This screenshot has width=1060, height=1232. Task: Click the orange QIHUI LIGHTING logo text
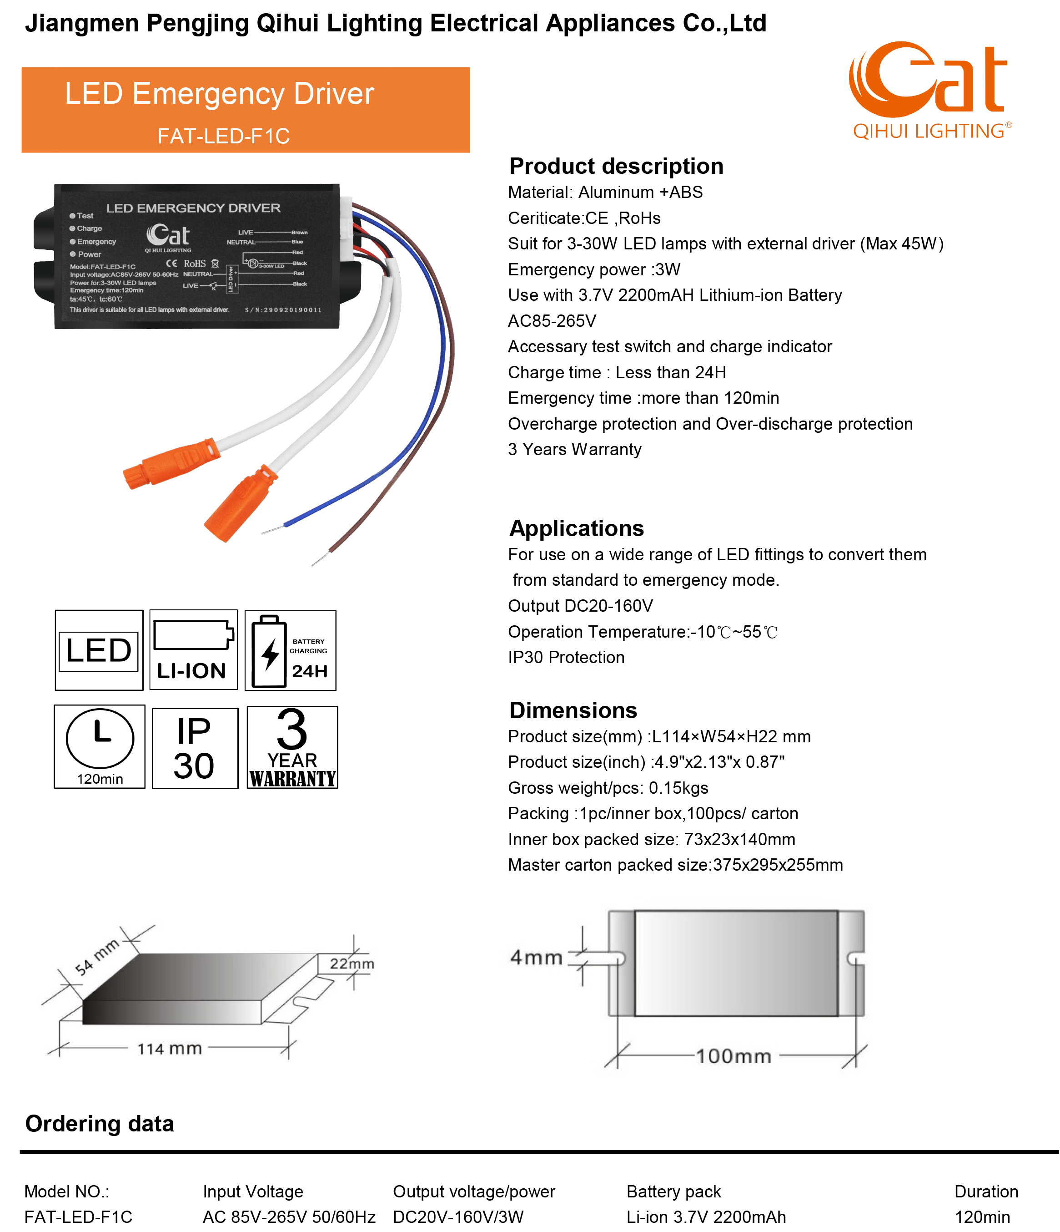(930, 131)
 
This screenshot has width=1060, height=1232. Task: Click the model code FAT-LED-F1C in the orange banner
(223, 136)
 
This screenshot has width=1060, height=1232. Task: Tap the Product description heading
(616, 166)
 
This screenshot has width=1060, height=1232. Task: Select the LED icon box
(99, 650)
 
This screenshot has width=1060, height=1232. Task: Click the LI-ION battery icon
(193, 650)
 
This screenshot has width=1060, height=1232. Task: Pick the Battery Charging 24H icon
(290, 650)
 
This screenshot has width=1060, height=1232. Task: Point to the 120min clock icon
(99, 746)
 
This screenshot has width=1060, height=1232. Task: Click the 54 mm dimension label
(97, 957)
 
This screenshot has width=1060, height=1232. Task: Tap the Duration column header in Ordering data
(986, 1191)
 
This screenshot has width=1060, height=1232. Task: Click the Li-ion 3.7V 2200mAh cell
(706, 1217)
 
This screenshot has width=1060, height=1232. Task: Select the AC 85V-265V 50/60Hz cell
(289, 1217)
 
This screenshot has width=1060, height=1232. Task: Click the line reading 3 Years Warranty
(574, 450)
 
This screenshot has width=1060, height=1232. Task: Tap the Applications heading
(576, 528)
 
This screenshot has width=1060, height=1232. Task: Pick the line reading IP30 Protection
(566, 657)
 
